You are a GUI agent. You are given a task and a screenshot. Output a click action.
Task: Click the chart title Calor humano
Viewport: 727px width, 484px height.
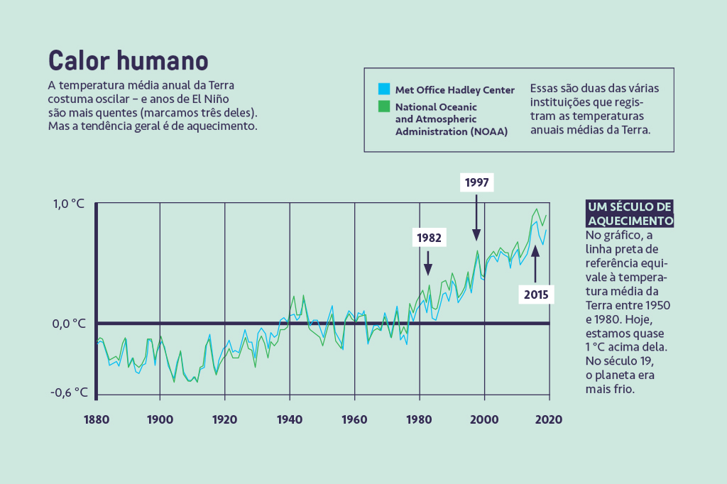128,60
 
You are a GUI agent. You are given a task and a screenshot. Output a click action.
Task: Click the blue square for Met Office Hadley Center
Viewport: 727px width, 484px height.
383,89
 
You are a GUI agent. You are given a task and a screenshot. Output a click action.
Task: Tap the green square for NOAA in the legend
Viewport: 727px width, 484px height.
383,106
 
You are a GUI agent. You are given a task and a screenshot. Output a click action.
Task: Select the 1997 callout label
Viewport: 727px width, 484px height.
477,182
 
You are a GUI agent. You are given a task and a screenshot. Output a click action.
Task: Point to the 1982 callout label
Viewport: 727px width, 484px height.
430,238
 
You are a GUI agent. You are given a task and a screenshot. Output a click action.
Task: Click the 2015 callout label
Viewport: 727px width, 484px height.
536,294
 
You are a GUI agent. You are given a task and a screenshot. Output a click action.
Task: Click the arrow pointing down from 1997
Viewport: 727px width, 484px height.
476,216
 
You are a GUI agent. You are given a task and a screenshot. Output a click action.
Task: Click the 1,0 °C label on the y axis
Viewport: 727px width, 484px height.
68,204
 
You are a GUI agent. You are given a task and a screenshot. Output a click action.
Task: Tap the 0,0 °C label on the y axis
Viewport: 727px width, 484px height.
68,324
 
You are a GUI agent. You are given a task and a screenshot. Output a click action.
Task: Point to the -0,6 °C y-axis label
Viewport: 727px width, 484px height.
69,392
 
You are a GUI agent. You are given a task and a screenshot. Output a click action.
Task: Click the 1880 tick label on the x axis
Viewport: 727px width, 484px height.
96,419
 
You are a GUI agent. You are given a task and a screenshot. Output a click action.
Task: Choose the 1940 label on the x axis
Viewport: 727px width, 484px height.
290,419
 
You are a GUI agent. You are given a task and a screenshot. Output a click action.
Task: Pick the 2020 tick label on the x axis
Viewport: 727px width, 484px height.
549,419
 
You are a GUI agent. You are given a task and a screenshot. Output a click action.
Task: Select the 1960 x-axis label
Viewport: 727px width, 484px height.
354,419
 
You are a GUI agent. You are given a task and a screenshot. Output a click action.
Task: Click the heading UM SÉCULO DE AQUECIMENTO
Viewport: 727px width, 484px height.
629,214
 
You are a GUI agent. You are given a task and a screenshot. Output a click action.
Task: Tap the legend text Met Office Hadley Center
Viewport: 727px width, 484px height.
454,90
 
